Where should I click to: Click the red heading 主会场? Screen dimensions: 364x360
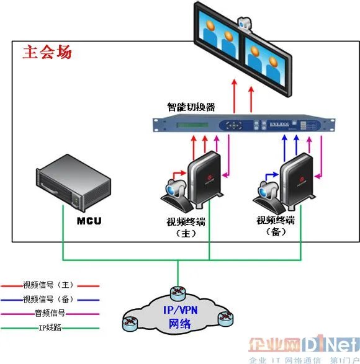click(47, 51)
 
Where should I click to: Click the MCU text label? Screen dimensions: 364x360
click(89, 221)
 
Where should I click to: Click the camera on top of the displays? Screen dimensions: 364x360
click(245, 25)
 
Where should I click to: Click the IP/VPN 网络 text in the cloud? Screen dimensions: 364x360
click(181, 317)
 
